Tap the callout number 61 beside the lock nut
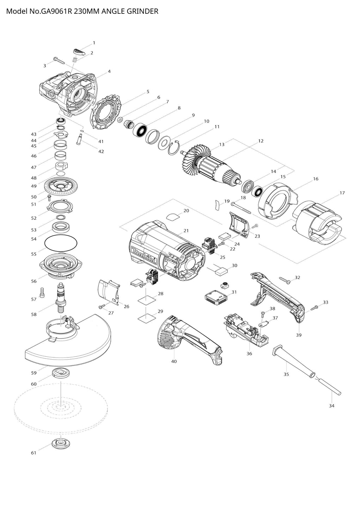click(x=33, y=453)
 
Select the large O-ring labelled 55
click(x=61, y=243)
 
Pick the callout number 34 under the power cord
click(x=331, y=406)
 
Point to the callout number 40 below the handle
click(x=174, y=361)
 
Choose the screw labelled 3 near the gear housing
click(x=59, y=61)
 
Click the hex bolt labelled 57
click(x=43, y=292)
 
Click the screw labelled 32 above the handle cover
click(x=284, y=280)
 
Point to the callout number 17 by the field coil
click(x=342, y=193)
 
